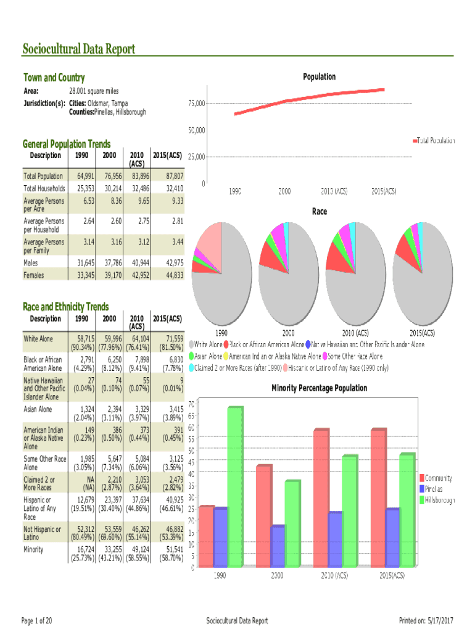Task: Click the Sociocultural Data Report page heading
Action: click(x=79, y=49)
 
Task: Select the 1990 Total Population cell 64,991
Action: click(x=85, y=176)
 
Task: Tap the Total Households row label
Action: click(x=44, y=188)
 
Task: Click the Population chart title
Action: click(x=319, y=77)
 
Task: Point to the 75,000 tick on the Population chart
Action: click(x=197, y=104)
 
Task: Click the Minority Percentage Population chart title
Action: click(x=319, y=388)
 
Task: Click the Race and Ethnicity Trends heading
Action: click(x=66, y=307)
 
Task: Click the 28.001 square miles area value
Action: click(x=93, y=91)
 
